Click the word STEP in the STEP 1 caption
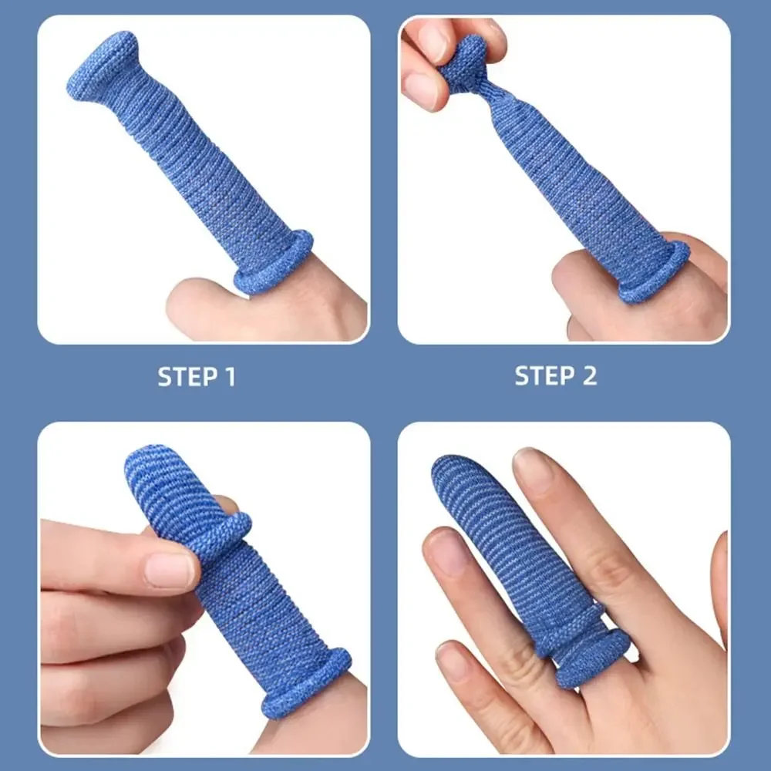pos(187,377)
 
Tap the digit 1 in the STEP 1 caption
pos(230,377)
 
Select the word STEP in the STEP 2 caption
pos(544,375)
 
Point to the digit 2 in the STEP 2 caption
pos(590,375)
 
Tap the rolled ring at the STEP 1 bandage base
pos(274,263)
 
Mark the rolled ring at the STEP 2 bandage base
pos(654,271)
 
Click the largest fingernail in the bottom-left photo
pos(170,570)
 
